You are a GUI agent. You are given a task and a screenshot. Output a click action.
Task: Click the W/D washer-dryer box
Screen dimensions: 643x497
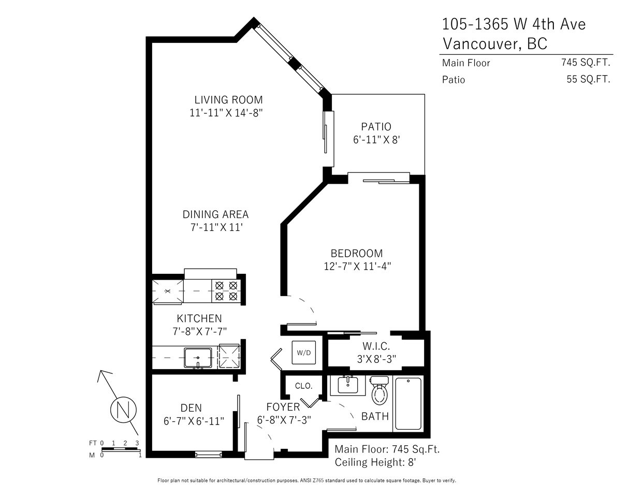click(303, 353)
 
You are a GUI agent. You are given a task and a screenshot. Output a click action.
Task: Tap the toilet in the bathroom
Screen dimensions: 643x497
click(379, 390)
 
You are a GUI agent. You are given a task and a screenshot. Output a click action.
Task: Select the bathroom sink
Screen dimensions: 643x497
click(348, 386)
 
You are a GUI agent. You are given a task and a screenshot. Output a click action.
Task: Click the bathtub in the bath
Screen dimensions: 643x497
click(408, 403)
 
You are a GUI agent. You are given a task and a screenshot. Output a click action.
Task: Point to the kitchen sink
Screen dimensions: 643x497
click(198, 358)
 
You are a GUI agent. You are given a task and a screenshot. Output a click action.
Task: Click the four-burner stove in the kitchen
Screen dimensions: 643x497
click(226, 291)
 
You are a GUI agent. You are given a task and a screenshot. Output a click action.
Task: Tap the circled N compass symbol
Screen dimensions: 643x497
click(123, 410)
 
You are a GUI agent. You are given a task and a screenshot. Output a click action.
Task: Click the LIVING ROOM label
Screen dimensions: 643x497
click(228, 100)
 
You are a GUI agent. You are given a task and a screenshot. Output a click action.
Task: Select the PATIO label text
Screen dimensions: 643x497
click(376, 127)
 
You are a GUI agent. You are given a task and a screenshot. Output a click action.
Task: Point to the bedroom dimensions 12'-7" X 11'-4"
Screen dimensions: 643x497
click(357, 266)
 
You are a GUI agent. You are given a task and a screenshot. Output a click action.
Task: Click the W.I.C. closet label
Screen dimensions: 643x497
click(376, 346)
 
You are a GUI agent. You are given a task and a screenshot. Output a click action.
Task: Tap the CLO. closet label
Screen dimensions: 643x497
click(303, 386)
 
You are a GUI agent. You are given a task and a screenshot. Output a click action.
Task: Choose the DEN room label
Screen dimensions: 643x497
click(191, 408)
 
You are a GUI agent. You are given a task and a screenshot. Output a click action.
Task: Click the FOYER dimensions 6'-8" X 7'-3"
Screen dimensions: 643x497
click(284, 420)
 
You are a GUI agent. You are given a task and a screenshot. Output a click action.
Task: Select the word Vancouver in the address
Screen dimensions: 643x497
click(480, 44)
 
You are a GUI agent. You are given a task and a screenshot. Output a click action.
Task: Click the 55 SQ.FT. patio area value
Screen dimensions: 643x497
click(588, 79)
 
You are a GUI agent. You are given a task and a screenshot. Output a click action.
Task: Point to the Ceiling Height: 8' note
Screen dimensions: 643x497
click(375, 462)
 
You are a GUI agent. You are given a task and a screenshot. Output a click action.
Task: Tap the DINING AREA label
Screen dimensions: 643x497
click(215, 214)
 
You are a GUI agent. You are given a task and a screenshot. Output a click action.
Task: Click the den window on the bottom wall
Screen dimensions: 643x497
click(208, 454)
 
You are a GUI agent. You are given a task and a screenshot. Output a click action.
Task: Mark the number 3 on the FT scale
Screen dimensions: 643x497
click(137, 443)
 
